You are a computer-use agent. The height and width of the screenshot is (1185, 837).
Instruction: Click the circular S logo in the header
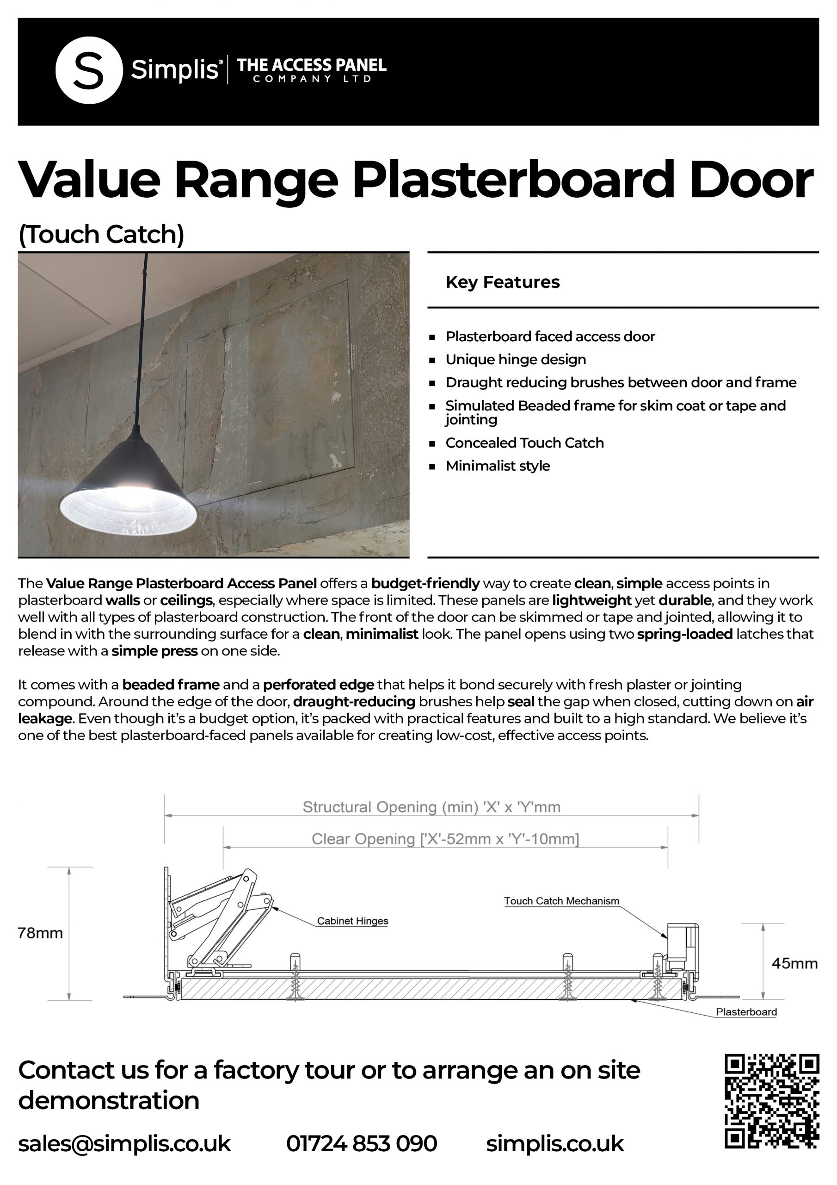coord(89,70)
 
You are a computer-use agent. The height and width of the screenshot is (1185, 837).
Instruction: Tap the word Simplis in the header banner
coord(174,69)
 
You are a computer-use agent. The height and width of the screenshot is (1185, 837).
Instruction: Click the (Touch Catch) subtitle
coord(101,234)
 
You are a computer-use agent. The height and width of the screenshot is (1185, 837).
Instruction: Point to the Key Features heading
coord(502,282)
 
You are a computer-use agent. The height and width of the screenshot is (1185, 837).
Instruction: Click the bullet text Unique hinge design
coord(515,359)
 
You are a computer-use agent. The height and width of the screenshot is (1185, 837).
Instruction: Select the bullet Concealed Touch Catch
coord(524,443)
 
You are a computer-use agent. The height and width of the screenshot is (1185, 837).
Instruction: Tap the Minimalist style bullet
coord(497,466)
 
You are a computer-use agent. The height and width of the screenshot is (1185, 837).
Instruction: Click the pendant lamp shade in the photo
coord(129,495)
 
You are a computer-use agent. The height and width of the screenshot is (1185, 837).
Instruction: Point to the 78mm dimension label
coord(40,933)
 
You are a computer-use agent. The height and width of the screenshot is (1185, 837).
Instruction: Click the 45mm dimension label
coord(794,964)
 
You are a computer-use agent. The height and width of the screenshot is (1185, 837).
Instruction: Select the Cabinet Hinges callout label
coord(352,921)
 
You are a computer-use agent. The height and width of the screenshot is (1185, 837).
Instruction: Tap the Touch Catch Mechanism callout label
coord(561,901)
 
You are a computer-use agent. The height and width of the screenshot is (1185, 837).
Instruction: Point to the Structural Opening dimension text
coord(431,807)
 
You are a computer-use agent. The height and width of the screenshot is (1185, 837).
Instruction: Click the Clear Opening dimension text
coord(445,839)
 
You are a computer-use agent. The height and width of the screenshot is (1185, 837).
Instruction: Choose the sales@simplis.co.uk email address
coord(124,1143)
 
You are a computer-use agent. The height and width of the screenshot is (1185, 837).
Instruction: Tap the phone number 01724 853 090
coord(362,1143)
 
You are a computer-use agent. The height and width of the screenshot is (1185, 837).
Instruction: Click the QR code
coord(771,1101)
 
